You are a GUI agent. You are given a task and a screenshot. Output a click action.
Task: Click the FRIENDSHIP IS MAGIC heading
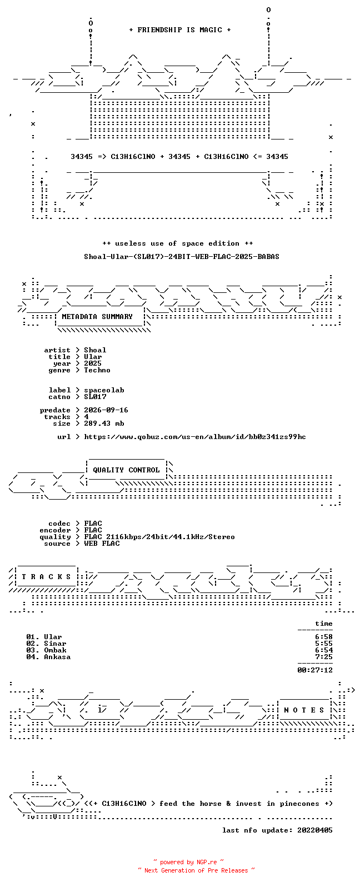pos(180,29)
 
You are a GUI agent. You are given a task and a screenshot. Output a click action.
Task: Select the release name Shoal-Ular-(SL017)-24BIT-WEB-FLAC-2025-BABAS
pos(181,257)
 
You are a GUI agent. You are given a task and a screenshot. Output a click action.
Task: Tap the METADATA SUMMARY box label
pos(97,317)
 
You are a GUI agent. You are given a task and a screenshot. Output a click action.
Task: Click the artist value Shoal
pos(95,350)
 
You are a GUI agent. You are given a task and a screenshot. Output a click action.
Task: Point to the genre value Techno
pos(97,370)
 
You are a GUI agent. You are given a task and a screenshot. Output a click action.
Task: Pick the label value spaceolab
pos(104,390)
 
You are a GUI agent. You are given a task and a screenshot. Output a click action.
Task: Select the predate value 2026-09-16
pos(106,410)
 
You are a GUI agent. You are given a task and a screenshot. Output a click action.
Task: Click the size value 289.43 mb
pos(104,423)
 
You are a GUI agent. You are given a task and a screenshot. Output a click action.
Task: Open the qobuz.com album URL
pos(195,437)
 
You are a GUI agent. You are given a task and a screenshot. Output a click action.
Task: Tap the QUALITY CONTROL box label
pos(126,470)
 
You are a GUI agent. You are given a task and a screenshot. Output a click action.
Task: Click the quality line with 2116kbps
pos(159,537)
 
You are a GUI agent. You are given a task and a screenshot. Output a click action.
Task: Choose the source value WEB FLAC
pos(102,544)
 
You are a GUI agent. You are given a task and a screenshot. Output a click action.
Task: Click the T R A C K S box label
pos(46,577)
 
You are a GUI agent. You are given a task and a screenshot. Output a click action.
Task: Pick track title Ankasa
pos(57,657)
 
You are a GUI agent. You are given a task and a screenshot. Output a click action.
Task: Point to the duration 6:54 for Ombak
pos(324,650)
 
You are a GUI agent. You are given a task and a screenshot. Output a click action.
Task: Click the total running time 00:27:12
pos(315,670)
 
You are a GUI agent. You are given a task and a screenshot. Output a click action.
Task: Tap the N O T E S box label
pos(304,710)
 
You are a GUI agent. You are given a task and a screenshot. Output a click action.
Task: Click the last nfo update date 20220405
pos(315,830)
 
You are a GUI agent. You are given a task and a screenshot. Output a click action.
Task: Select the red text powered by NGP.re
pos(188,862)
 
